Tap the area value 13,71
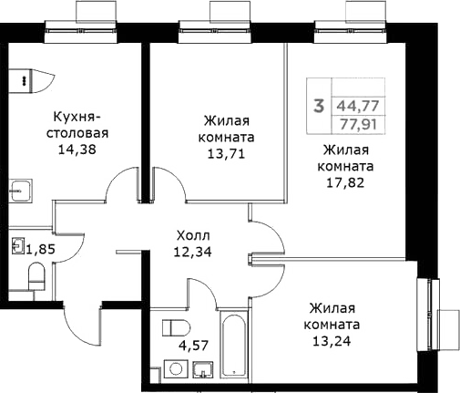[226, 153]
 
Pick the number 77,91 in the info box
[357, 122]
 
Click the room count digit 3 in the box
[318, 106]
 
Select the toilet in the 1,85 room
[36, 275]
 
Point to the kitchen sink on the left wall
[22, 191]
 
